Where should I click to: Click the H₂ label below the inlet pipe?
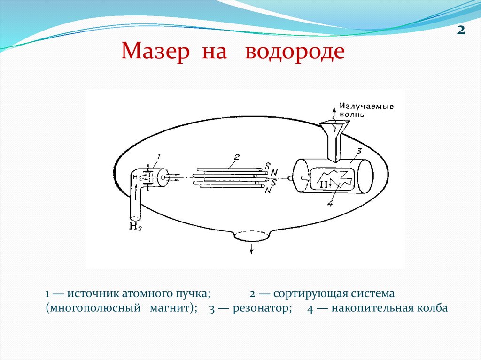point(135,228)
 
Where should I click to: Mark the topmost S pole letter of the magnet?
point(267,166)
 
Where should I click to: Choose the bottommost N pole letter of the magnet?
point(267,191)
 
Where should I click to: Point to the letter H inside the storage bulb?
point(324,185)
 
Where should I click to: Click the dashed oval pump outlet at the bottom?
point(252,236)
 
